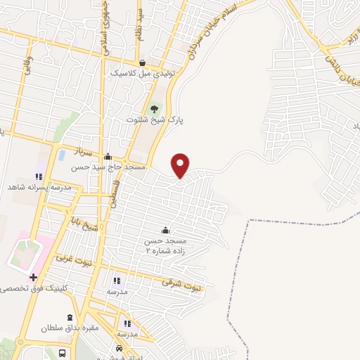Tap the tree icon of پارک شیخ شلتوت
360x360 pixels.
(x=154, y=108)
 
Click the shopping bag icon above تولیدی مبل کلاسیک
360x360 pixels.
(x=142, y=63)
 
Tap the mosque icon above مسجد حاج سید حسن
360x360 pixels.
(x=107, y=157)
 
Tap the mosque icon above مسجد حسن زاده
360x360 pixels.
(x=165, y=231)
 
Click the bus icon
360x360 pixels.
(x=63, y=352)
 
